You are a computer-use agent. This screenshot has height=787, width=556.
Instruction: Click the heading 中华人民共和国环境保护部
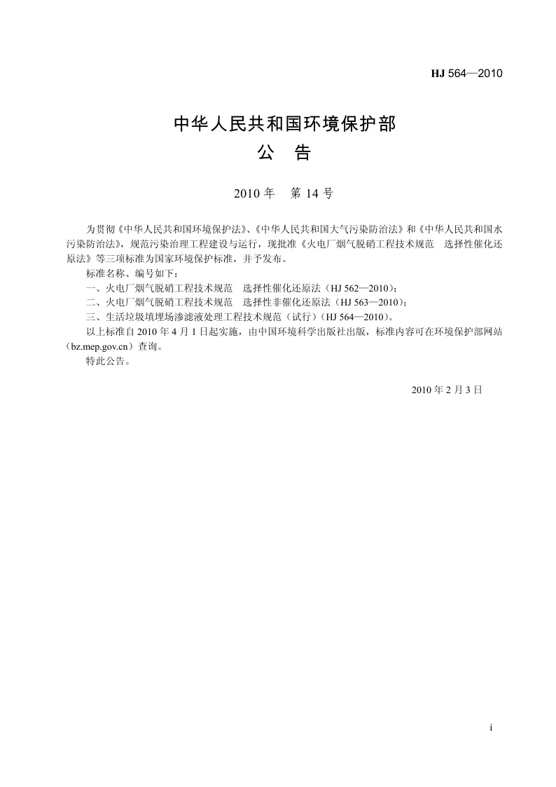(x=284, y=125)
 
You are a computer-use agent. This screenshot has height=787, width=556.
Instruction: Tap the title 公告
(x=284, y=153)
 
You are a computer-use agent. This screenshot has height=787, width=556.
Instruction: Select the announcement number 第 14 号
(x=311, y=194)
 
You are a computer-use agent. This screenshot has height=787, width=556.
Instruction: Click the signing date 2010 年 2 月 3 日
(x=447, y=388)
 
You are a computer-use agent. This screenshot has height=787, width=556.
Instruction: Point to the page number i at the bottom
(x=492, y=728)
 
